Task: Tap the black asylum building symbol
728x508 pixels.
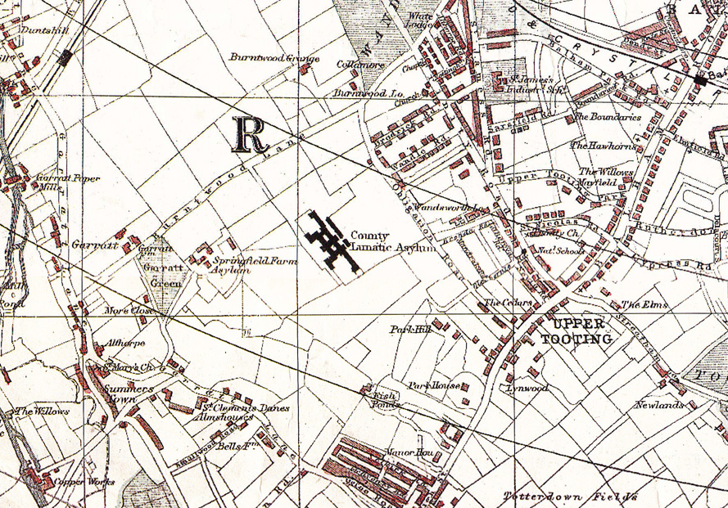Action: (332, 241)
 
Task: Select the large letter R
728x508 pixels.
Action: (251, 135)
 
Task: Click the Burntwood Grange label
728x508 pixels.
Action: (262, 59)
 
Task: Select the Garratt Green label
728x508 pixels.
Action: (161, 273)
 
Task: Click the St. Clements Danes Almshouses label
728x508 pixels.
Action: (231, 411)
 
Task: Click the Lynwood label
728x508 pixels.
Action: (527, 388)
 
